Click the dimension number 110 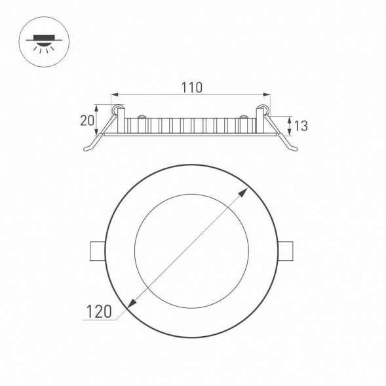pyautogui.click(x=192, y=87)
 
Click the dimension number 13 pyautogui.click(x=301, y=125)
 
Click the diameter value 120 pyautogui.click(x=98, y=311)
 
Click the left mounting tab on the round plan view pyautogui.click(x=96, y=252)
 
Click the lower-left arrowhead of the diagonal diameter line pyautogui.click(x=130, y=304)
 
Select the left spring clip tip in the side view pyautogui.click(x=87, y=149)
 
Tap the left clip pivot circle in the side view pyautogui.click(x=117, y=108)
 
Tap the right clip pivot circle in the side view pyautogui.click(x=265, y=108)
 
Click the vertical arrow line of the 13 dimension pyautogui.click(x=289, y=125)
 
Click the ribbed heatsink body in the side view pyautogui.click(x=190, y=125)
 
